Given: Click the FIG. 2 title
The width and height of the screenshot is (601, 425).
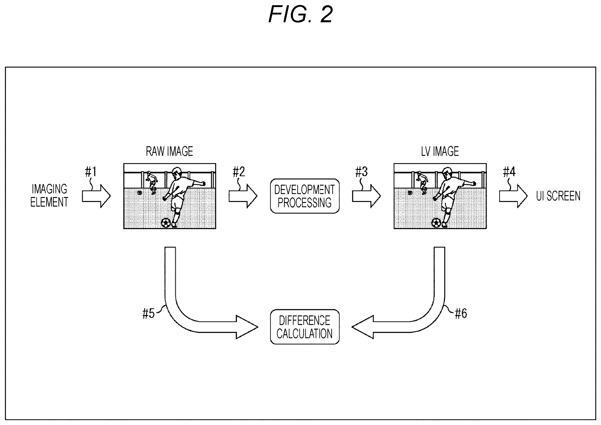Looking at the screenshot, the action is (x=301, y=14).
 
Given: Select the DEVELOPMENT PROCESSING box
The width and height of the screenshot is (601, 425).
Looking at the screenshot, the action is (x=305, y=196).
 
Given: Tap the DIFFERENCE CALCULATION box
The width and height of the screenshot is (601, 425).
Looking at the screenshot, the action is (x=305, y=326).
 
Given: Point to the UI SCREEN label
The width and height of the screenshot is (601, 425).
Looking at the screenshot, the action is (x=558, y=196).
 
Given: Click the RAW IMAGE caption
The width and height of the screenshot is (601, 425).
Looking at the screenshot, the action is (x=169, y=151).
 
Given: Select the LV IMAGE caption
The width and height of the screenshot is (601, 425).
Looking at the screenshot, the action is (x=440, y=151).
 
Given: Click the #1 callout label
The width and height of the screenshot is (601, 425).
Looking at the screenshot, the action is (x=91, y=172).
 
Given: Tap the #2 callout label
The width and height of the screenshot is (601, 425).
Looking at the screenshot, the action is (x=239, y=172).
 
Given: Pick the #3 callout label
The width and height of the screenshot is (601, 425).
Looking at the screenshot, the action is (x=362, y=172).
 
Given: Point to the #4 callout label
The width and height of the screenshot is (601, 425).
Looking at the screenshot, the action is (x=509, y=172).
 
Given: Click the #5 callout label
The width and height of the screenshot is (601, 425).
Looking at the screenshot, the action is (x=148, y=313).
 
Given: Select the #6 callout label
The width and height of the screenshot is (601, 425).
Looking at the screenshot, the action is (x=461, y=313).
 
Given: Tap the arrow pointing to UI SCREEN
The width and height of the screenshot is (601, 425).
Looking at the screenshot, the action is (x=513, y=196).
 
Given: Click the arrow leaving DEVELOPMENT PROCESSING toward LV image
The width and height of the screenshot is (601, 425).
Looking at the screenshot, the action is (x=366, y=196).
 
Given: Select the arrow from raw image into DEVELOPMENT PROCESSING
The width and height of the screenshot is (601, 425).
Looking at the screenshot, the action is (x=243, y=196).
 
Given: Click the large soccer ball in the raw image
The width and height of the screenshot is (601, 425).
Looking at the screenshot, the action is (x=166, y=223).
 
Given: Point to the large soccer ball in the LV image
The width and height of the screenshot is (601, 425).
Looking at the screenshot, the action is (x=436, y=223).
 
